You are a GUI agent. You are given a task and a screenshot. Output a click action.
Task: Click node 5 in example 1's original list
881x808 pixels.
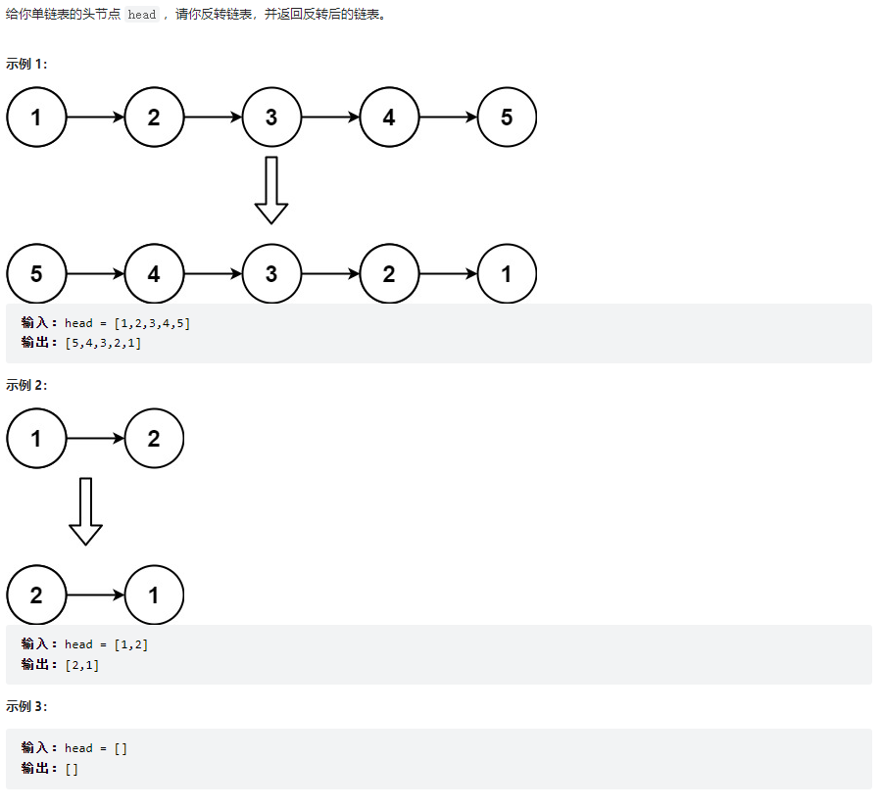point(507,117)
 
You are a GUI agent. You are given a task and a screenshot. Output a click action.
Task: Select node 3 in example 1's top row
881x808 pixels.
point(271,117)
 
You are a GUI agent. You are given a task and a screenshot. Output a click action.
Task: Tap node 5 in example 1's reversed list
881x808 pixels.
point(36,273)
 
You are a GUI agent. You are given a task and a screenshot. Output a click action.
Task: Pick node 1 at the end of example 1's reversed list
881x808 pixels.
point(507,273)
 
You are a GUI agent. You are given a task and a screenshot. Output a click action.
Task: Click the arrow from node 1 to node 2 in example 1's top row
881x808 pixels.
point(95,117)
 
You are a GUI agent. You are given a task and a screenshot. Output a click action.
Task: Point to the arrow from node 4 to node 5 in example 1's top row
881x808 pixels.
point(448,117)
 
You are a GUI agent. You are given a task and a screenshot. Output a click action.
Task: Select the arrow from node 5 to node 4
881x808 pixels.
point(95,273)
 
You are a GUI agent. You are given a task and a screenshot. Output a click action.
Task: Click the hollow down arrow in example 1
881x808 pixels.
point(271,190)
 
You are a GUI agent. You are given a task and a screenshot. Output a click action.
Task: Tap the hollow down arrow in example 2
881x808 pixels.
point(85,511)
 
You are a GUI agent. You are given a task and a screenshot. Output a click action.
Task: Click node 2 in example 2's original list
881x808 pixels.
point(154,438)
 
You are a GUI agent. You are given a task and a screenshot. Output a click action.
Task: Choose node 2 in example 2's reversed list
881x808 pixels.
point(36,594)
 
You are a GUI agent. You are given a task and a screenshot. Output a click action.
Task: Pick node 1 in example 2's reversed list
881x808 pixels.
point(154,594)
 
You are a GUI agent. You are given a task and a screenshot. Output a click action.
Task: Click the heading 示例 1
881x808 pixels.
point(26,64)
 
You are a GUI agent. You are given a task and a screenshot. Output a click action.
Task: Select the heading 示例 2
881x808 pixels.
point(26,385)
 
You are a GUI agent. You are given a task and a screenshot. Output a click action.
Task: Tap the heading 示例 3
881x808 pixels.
point(26,706)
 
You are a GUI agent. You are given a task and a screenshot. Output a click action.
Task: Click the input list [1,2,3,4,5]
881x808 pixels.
point(152,323)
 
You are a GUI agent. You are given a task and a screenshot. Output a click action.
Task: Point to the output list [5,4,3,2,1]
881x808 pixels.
point(103,343)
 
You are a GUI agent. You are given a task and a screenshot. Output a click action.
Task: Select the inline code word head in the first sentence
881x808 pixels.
point(141,15)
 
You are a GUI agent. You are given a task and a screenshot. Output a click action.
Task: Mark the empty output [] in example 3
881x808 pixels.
point(72,769)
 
